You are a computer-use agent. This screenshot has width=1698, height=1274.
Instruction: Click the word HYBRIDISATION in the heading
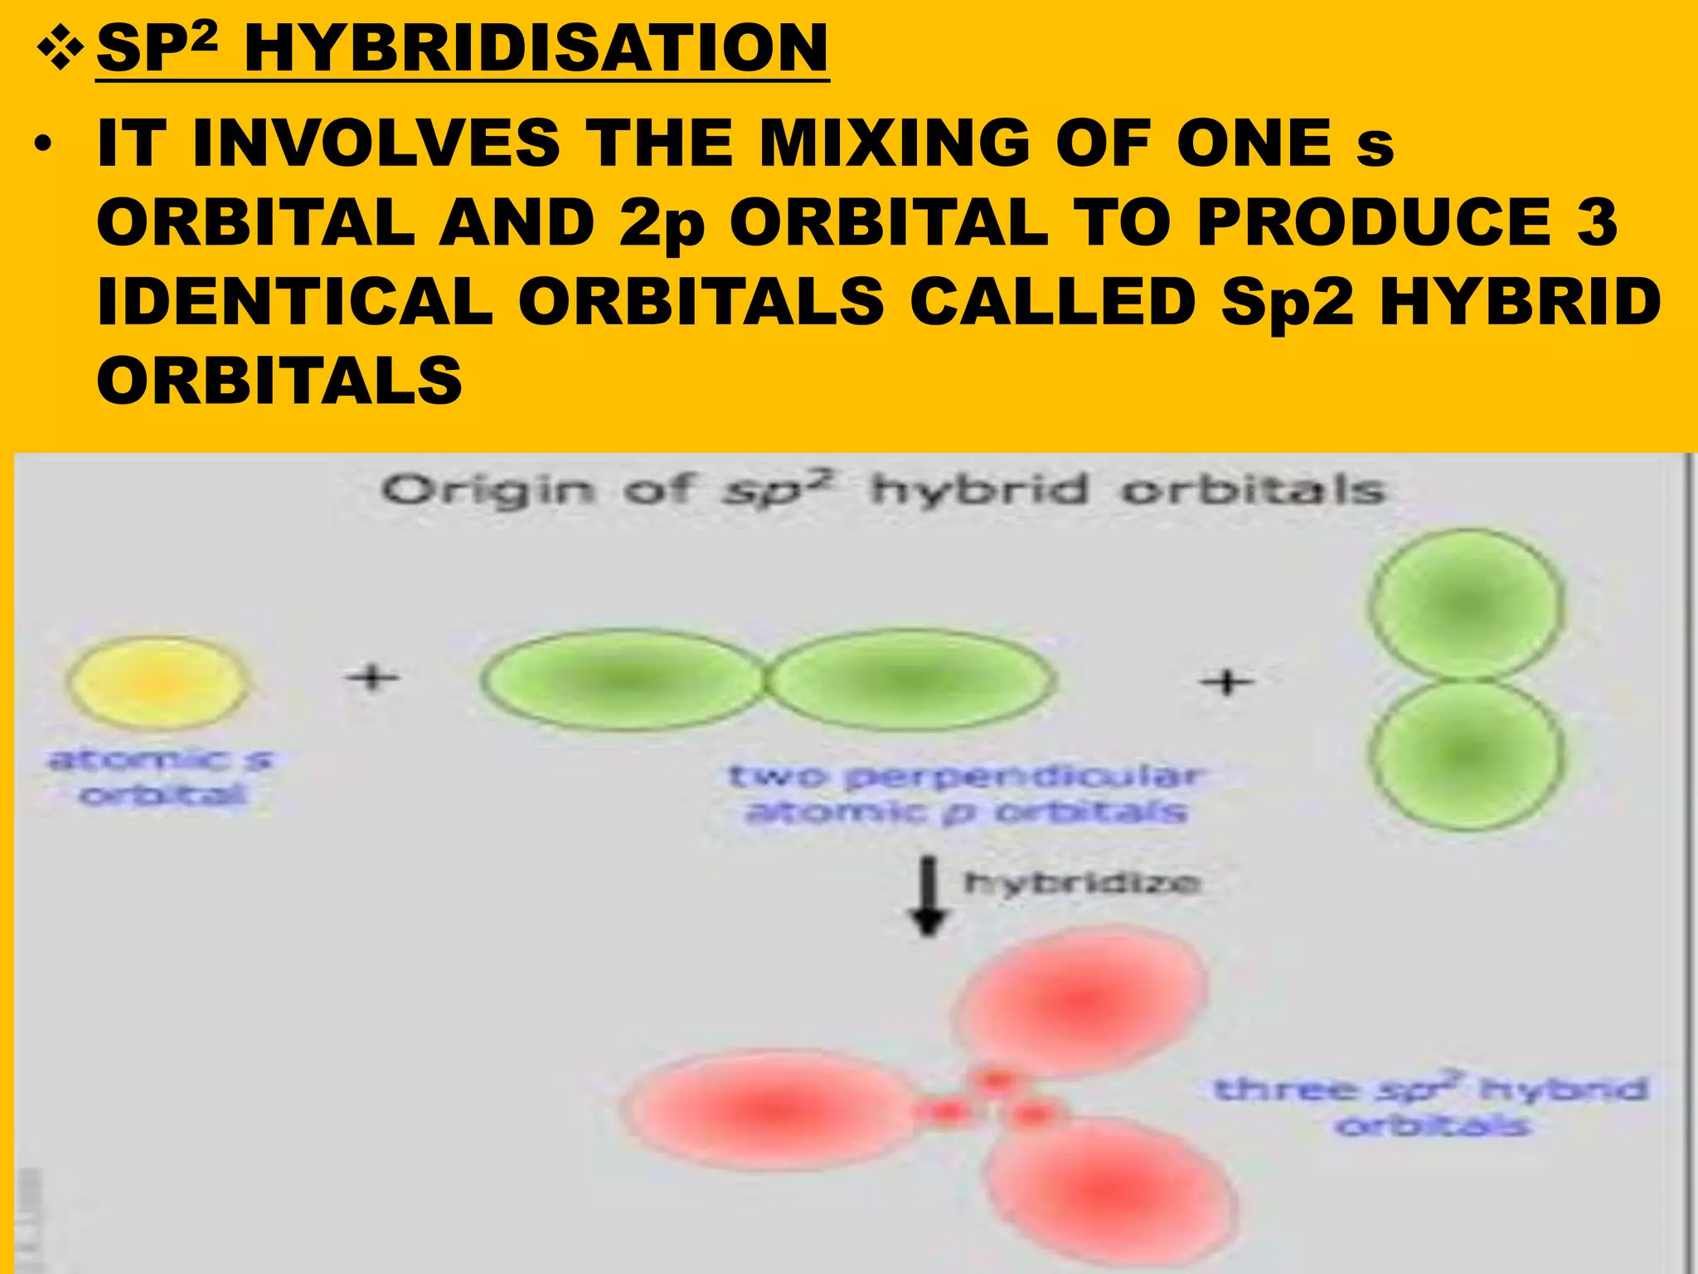(536, 48)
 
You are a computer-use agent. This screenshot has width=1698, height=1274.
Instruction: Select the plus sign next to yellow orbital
(372, 677)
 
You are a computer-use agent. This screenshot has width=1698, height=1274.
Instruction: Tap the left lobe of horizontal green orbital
(622, 680)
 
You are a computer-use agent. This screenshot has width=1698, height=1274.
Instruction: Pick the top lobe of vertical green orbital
(1466, 604)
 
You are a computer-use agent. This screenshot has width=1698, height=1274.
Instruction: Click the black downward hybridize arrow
(929, 896)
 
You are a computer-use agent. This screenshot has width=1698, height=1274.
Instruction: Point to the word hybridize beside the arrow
(1082, 882)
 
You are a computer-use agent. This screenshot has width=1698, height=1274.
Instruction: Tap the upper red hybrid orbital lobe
(1082, 999)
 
